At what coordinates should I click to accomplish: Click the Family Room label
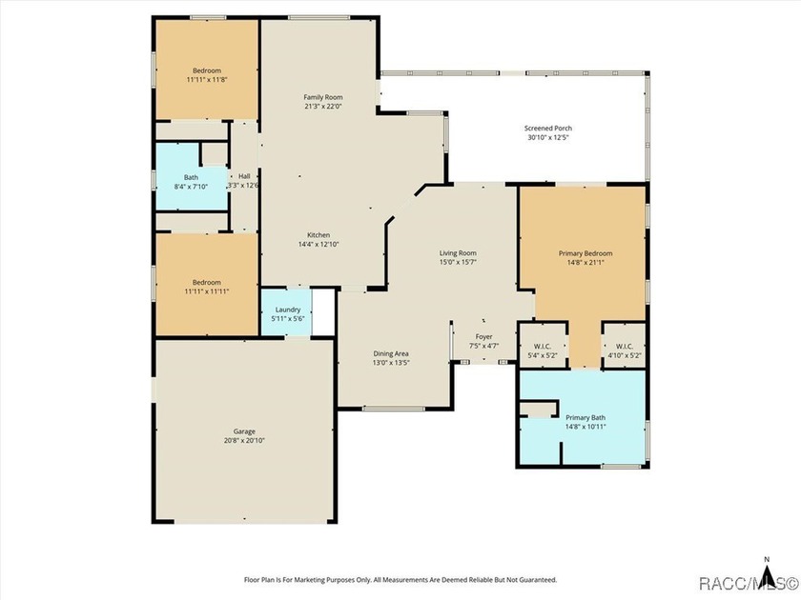click(x=323, y=97)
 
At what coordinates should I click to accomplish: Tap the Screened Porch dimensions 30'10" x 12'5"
click(x=548, y=138)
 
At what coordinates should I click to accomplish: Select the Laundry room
click(x=286, y=312)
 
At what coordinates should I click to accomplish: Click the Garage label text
click(x=244, y=431)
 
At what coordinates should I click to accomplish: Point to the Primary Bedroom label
click(x=585, y=253)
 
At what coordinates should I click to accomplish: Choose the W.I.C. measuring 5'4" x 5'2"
click(x=543, y=345)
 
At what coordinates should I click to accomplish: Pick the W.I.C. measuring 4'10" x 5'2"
click(x=625, y=345)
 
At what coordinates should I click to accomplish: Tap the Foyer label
click(x=483, y=337)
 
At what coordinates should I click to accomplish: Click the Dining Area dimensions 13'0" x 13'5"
click(x=391, y=363)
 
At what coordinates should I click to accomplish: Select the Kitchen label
click(x=318, y=235)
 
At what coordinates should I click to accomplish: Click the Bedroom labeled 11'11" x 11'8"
click(x=206, y=70)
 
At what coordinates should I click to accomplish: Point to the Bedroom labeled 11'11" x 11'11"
click(x=206, y=285)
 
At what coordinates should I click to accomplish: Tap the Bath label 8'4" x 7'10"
click(x=191, y=177)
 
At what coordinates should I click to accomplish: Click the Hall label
click(x=244, y=176)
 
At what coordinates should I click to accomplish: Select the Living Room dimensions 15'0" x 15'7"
click(x=458, y=262)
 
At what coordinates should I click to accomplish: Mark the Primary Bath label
click(x=585, y=417)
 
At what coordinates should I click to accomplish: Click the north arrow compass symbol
click(x=767, y=570)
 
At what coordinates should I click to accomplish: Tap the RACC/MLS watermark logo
click(x=748, y=583)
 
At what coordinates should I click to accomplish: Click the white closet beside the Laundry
click(x=323, y=312)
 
